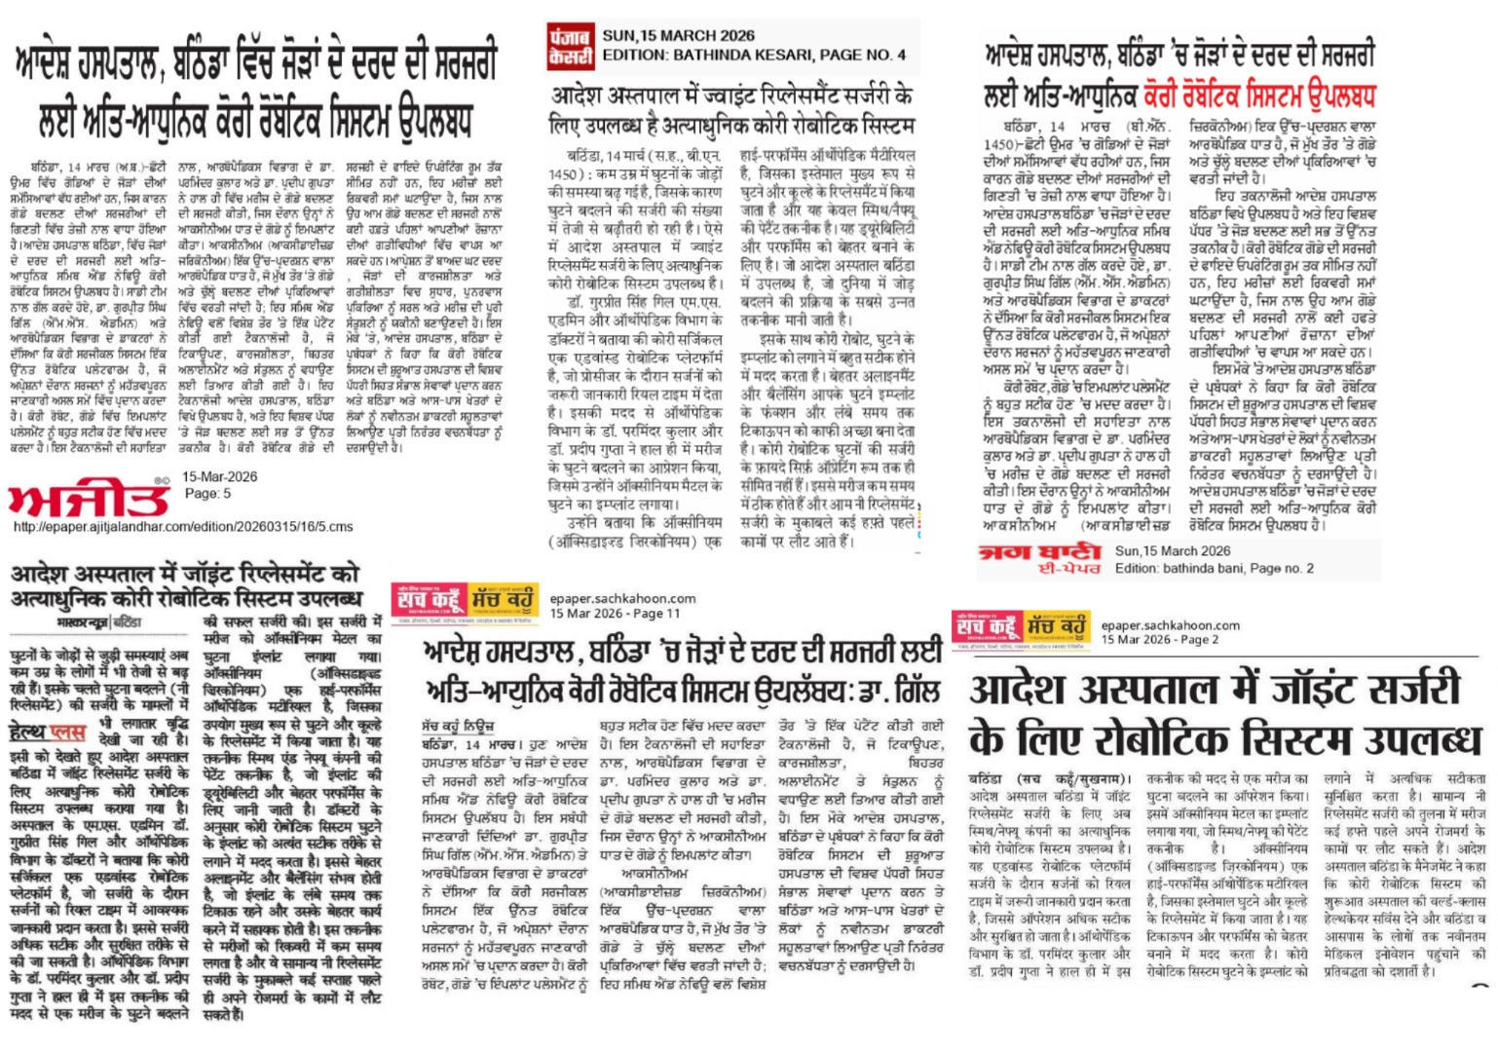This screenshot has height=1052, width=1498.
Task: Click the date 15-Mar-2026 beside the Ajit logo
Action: pyautogui.click(x=220, y=477)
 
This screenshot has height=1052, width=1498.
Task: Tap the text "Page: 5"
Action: pyautogui.click(x=208, y=494)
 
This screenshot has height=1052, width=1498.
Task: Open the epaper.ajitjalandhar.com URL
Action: pyautogui.click(x=182, y=527)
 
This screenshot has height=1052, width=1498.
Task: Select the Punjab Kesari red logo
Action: pyautogui.click(x=570, y=46)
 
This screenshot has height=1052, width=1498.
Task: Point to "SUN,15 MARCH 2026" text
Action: pyautogui.click(x=678, y=36)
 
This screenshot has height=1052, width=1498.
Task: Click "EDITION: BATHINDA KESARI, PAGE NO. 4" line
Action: pyautogui.click(x=754, y=55)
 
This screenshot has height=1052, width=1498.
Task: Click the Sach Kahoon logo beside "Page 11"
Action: pyautogui.click(x=465, y=602)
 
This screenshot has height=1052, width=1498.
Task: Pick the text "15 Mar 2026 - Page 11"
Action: pyautogui.click(x=615, y=614)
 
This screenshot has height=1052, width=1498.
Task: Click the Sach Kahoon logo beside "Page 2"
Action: pyautogui.click(x=1020, y=629)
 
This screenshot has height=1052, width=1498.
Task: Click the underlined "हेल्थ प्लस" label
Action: pyautogui.click(x=48, y=732)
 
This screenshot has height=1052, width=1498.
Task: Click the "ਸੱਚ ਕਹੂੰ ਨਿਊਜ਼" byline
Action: pyautogui.click(x=458, y=727)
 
